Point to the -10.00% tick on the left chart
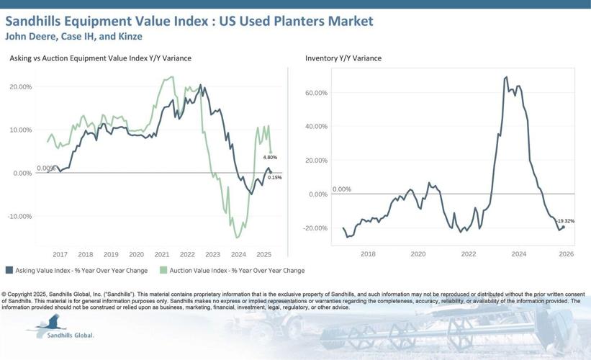(x=19, y=216)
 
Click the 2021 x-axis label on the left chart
(x=161, y=254)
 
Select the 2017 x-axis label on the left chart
(x=60, y=254)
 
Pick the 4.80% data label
(x=270, y=157)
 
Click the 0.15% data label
(x=274, y=177)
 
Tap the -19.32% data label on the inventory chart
(x=565, y=220)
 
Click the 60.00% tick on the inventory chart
(x=317, y=93)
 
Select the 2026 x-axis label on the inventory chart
(x=566, y=254)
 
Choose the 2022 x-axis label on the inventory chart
(x=469, y=254)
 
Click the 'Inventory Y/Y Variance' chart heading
(x=343, y=58)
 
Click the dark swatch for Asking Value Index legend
(x=9, y=271)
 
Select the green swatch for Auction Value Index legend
(x=163, y=271)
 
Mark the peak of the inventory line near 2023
(x=507, y=77)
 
